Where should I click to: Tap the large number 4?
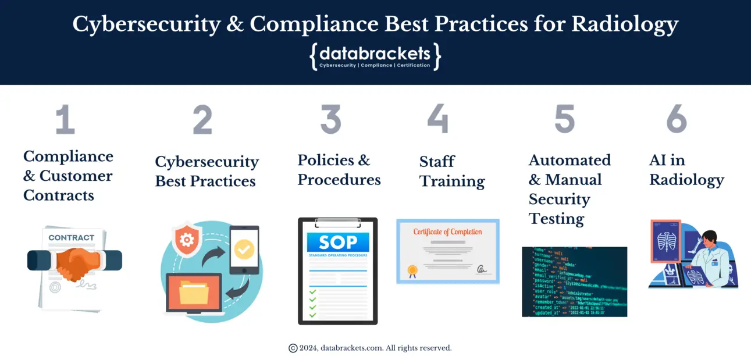pyautogui.click(x=437, y=119)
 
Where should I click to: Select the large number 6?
pyautogui.click(x=676, y=119)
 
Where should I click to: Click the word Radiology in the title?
pyautogui.click(x=625, y=24)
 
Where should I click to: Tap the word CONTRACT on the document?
pyautogui.click(x=71, y=237)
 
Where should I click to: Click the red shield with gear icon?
pyautogui.click(x=186, y=240)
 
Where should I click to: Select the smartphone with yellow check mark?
pyautogui.click(x=244, y=250)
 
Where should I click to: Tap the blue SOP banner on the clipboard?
pyautogui.click(x=337, y=243)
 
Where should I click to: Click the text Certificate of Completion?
pyautogui.click(x=447, y=232)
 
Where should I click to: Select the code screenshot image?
pyautogui.click(x=574, y=281)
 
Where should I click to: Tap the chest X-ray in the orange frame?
pyautogui.click(x=665, y=241)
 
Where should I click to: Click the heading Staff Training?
pyautogui.click(x=451, y=171)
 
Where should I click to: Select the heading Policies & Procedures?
pyautogui.click(x=339, y=169)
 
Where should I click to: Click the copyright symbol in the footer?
pyautogui.click(x=293, y=348)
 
